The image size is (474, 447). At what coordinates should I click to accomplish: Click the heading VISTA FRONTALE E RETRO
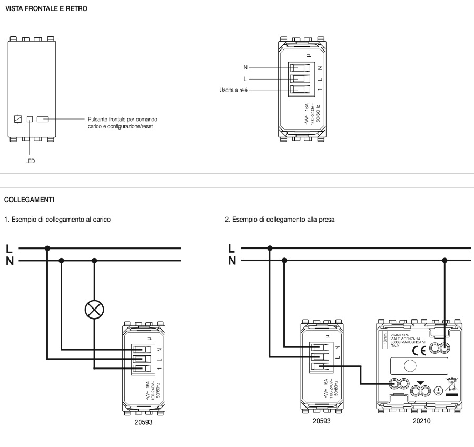(x=38, y=9)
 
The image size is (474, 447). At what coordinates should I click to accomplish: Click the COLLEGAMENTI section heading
(x=29, y=200)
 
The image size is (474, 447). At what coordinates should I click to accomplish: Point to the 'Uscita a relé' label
(x=232, y=90)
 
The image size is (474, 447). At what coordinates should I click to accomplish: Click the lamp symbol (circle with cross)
(x=94, y=310)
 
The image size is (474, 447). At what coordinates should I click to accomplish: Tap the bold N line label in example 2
(x=232, y=261)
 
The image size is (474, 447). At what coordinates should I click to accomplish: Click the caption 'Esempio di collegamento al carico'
(x=57, y=218)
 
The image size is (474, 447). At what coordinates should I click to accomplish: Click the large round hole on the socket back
(x=410, y=366)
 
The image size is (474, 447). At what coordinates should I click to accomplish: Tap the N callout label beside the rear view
(x=245, y=68)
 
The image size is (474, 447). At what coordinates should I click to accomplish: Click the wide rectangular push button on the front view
(x=43, y=120)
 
